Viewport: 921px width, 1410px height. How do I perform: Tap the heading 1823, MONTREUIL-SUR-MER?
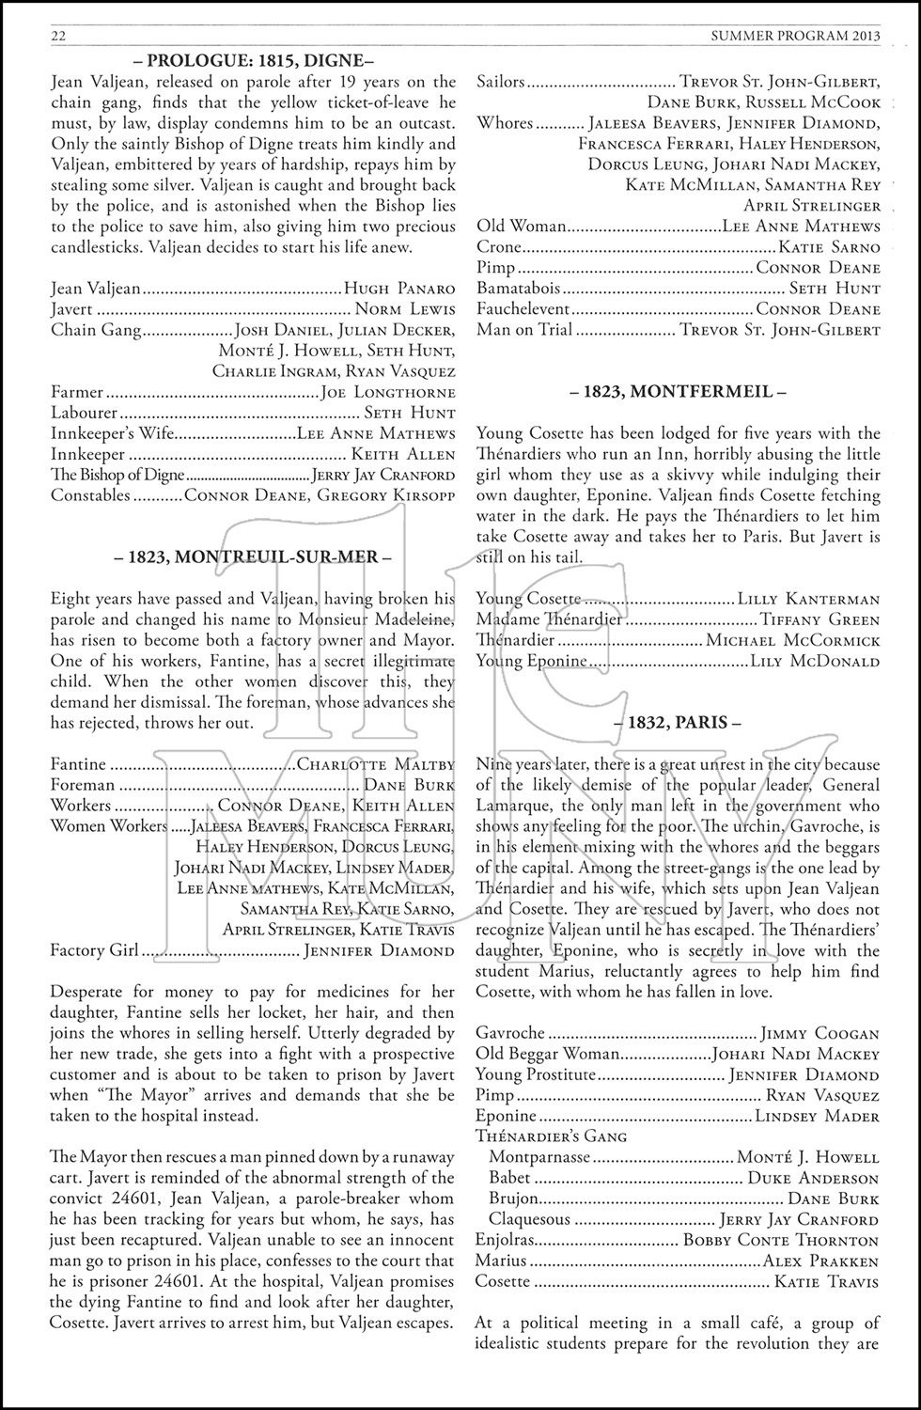(x=252, y=556)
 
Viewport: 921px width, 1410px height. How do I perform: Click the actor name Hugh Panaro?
(x=399, y=290)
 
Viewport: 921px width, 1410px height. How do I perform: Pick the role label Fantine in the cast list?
(x=78, y=764)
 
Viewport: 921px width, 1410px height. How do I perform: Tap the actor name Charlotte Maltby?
(x=375, y=764)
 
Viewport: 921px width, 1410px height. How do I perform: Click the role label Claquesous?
(x=529, y=1219)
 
